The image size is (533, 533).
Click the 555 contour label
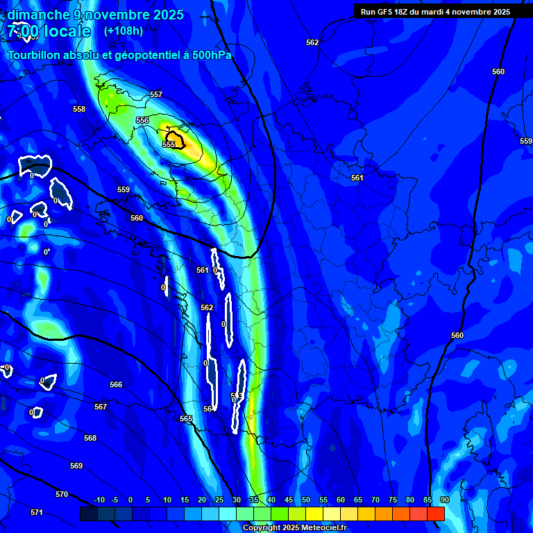[169, 144]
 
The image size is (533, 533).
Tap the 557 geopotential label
[156, 94]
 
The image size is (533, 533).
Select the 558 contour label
[79, 109]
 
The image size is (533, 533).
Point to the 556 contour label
[142, 120]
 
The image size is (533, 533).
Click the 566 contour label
[116, 384]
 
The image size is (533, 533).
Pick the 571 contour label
[37, 512]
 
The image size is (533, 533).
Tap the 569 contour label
[76, 466]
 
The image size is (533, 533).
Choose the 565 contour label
[186, 418]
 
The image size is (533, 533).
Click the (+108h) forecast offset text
[124, 31]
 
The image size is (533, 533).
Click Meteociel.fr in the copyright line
[325, 528]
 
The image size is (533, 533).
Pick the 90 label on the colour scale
[444, 500]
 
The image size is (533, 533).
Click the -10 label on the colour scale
[99, 500]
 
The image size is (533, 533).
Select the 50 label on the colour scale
[306, 500]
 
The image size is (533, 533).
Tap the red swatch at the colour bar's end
[435, 514]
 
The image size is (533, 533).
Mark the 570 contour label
[62, 494]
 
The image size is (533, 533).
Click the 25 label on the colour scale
[219, 500]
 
